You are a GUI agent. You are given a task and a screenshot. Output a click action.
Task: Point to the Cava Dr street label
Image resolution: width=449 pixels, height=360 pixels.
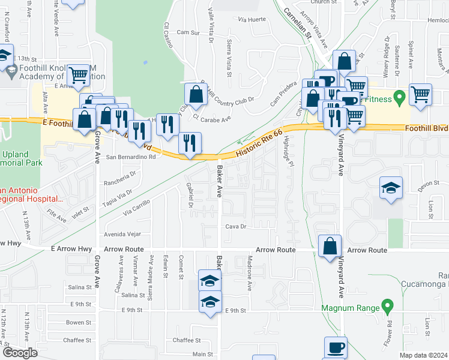pyautogui.click(x=237, y=227)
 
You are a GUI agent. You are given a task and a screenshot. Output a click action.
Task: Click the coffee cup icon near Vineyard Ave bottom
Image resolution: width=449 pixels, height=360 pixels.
pyautogui.click(x=336, y=347)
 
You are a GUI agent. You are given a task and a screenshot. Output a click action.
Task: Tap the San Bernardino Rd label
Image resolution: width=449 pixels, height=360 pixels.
pyautogui.click(x=131, y=157)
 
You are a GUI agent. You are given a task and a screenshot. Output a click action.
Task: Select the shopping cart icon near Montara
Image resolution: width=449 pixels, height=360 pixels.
pyautogui.click(x=420, y=94)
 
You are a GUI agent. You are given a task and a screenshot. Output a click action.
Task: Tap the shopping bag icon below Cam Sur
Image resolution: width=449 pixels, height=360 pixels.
pyautogui.click(x=196, y=94)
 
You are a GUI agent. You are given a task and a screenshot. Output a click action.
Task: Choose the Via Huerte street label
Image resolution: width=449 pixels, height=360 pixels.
pyautogui.click(x=252, y=20)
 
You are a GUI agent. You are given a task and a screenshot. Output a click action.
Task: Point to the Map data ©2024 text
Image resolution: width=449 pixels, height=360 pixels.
pyautogui.click(x=423, y=355)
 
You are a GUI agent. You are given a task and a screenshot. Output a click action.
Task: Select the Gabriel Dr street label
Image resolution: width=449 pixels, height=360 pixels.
pyautogui.click(x=190, y=193)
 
